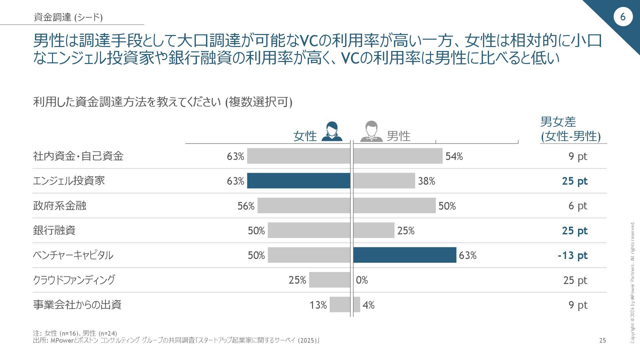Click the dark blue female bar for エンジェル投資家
[299, 181]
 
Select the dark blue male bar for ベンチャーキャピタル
[405, 255]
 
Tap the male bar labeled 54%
[398, 156]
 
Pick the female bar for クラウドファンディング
[329, 280]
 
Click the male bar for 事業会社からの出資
[357, 305]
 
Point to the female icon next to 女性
[332, 132]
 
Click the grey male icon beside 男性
[371, 132]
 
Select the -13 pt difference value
[573, 255]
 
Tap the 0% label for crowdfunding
[362, 280]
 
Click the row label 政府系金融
[60, 206]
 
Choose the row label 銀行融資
[54, 230]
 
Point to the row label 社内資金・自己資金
[78, 156]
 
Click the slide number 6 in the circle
[623, 17]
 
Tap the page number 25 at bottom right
[602, 340]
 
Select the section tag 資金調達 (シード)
[68, 17]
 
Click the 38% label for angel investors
[427, 181]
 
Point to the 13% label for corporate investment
[318, 305]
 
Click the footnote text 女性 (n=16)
[61, 333]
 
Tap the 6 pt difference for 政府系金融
[578, 206]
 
